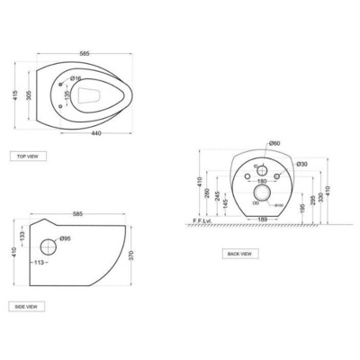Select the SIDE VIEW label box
pyautogui.click(x=28, y=307)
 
